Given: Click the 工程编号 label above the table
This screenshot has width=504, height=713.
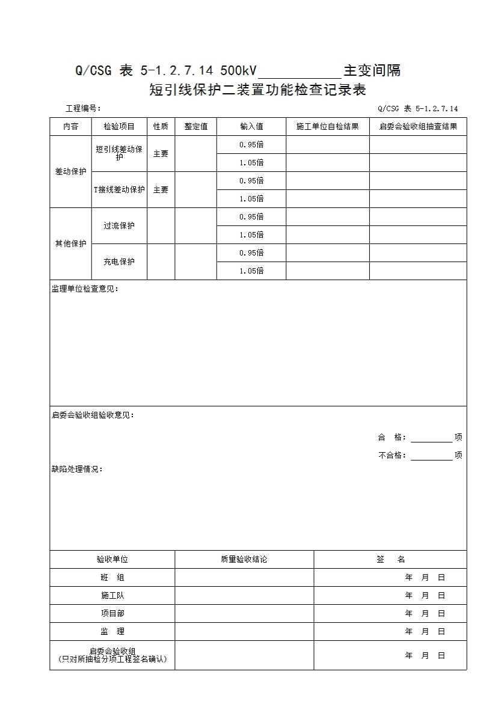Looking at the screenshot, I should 82,109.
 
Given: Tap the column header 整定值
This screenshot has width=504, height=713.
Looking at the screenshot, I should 196,127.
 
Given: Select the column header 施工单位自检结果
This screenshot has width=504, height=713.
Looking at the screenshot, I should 328,127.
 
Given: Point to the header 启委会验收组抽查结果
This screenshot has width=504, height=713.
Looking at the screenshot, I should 418,127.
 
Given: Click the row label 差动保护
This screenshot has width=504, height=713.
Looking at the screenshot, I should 70,172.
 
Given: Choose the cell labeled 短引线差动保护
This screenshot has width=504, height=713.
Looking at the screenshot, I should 119,153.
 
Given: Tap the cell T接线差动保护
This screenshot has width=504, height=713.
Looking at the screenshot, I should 119,190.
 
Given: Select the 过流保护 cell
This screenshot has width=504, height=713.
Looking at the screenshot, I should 119,226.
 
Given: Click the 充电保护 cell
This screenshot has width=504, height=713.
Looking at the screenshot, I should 119,262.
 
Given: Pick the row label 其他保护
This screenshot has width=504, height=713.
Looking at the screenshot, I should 70,244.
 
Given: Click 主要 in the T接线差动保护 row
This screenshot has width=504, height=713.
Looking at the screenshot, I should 161,190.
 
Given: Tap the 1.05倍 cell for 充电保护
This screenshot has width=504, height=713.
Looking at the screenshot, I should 251,271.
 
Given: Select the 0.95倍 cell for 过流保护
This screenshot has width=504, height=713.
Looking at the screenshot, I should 251,217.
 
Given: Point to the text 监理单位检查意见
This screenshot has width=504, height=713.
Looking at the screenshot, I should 85,289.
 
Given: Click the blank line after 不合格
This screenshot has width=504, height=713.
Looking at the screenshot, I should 431,456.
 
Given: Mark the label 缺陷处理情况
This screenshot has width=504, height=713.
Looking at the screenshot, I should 77,470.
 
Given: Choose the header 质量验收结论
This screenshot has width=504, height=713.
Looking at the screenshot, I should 244,560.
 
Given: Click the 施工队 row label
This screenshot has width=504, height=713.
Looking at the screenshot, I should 112,596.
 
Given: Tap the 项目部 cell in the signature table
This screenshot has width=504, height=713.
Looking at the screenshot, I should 112,614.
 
